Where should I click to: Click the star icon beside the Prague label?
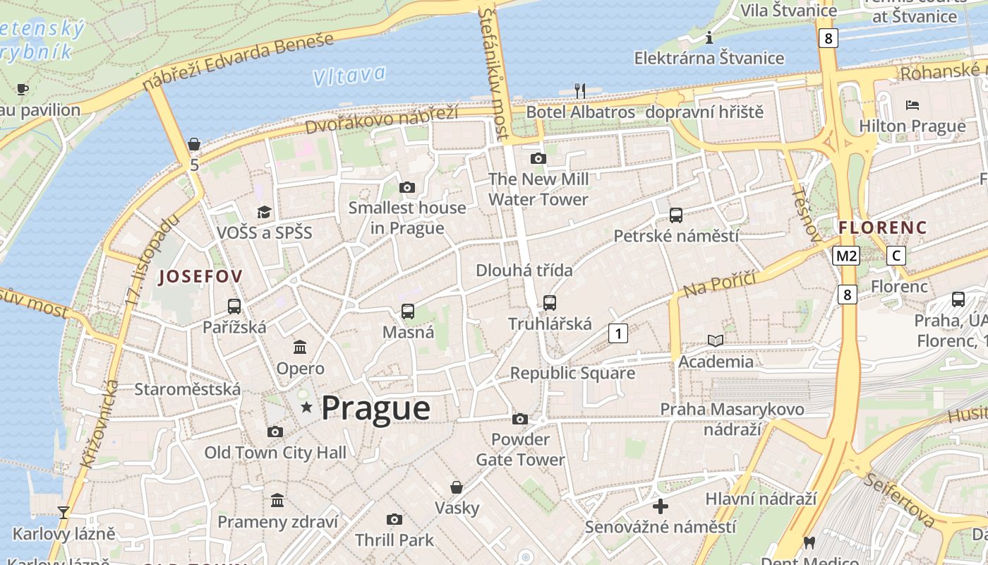tap(306, 408)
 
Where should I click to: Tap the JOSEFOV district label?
tap(200, 276)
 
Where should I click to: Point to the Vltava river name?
tap(349, 75)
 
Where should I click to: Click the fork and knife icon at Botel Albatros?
tap(580, 90)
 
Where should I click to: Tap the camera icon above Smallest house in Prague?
tap(406, 187)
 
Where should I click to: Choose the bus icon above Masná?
tap(407, 311)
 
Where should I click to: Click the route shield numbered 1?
tap(617, 333)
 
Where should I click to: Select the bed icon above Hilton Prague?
tap(912, 105)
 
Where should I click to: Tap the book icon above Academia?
tap(716, 340)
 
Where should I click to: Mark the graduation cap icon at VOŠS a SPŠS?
tap(264, 212)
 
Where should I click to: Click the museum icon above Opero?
tap(300, 347)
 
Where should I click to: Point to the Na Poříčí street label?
tap(719, 283)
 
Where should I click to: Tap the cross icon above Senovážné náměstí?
tap(661, 506)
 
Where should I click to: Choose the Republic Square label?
tap(572, 373)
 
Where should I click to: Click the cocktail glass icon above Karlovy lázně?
tap(64, 512)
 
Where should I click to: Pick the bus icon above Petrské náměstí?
tap(675, 215)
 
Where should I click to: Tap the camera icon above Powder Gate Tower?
tap(520, 419)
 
